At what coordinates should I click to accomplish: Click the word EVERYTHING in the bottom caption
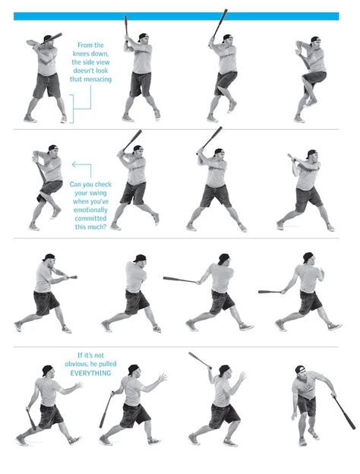90,373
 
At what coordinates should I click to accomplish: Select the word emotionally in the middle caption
90,210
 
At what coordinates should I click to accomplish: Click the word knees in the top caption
82,53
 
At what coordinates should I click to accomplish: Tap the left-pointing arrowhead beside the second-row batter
74,164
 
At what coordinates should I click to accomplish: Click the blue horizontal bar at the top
176,16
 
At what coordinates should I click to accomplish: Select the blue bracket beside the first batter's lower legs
71,109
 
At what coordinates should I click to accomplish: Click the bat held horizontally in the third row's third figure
179,280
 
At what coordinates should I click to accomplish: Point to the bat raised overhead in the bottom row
200,360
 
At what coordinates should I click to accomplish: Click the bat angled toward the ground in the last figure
344,412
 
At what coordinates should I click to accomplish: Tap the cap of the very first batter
47,38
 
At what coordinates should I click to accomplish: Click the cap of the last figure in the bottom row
300,369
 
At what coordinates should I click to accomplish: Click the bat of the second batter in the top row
126,25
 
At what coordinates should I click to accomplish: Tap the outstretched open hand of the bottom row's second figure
163,378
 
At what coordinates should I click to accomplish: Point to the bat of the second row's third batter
212,137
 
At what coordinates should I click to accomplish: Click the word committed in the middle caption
90,218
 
